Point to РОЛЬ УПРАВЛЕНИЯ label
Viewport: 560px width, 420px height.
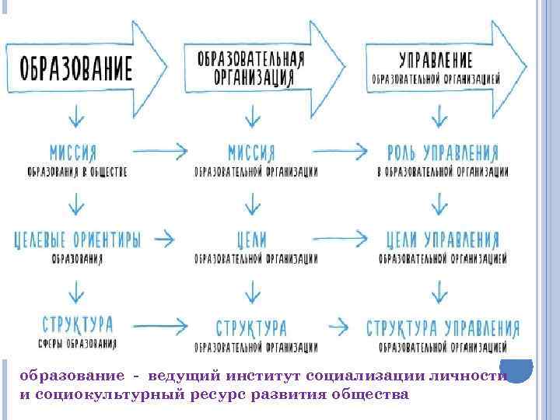pyautogui.click(x=443, y=151)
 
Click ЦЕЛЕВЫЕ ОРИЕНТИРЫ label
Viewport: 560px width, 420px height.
pyautogui.click(x=77, y=240)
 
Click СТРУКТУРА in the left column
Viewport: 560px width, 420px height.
pyautogui.click(x=75, y=324)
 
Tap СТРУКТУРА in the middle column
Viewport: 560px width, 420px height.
pyautogui.click(x=251, y=326)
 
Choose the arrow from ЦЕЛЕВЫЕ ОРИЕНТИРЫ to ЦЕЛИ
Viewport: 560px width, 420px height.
pyautogui.click(x=164, y=238)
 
